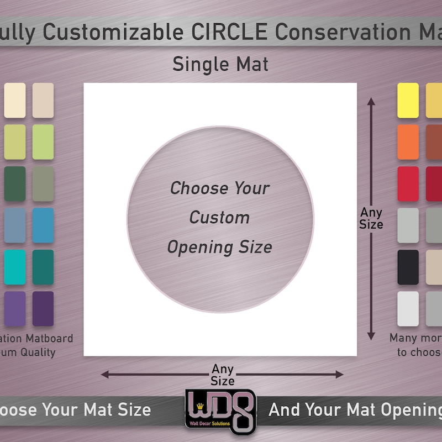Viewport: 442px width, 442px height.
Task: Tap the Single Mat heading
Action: [x=220, y=64]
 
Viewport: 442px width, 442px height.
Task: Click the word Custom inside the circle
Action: [x=219, y=217]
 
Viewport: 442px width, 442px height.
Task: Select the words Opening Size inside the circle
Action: [x=219, y=246]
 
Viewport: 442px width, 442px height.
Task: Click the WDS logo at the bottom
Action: [x=220, y=412]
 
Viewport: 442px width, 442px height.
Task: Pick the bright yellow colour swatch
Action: [x=408, y=100]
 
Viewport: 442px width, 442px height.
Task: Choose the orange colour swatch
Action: [x=408, y=142]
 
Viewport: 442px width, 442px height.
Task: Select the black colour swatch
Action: [x=408, y=267]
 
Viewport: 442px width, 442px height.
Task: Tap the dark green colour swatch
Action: [x=15, y=184]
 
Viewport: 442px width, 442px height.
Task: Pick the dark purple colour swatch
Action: [x=43, y=309]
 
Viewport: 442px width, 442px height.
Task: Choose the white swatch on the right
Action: [x=408, y=309]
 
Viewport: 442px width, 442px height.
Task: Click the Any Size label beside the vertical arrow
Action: [x=371, y=218]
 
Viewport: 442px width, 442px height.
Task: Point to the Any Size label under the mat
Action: [x=223, y=375]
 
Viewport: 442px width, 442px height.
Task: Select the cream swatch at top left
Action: [x=15, y=100]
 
